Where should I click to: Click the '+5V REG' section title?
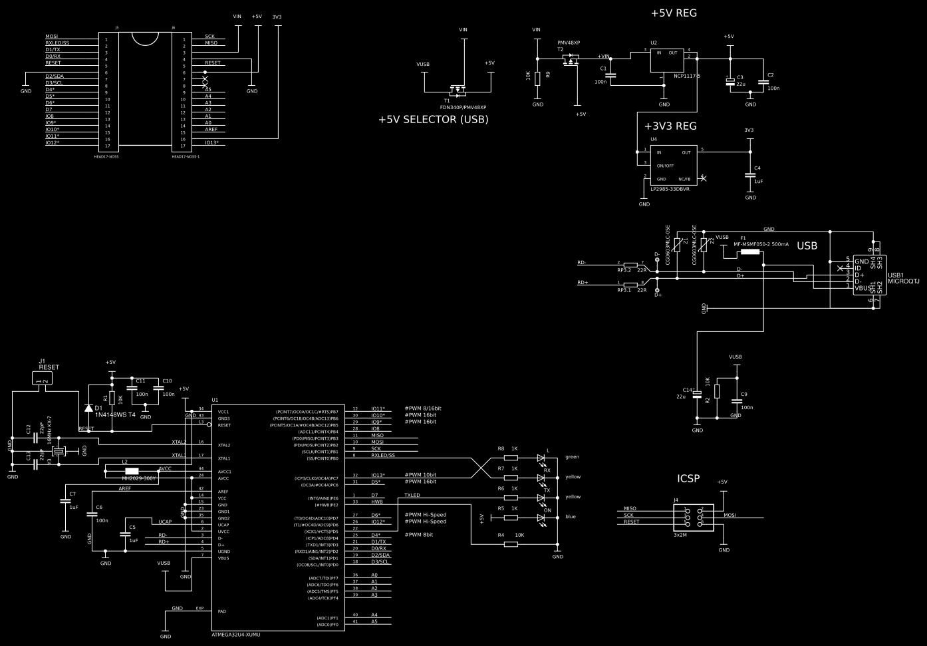coord(674,13)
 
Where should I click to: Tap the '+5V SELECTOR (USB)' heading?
coord(433,120)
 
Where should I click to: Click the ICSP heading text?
coord(688,478)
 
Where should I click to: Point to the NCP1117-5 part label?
coord(687,76)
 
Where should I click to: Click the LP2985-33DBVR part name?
coord(670,189)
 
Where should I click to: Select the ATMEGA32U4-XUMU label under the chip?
coord(235,635)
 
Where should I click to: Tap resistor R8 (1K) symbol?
coord(511,458)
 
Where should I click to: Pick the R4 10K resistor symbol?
coord(511,544)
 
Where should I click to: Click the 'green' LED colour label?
coord(572,457)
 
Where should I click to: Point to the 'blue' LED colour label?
coord(570,517)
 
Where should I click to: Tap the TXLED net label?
coord(412,495)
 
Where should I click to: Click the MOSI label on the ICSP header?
coord(729,515)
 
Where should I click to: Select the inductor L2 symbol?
coord(132,471)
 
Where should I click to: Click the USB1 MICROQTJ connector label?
coord(903,278)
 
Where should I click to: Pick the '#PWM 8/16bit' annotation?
coord(423,408)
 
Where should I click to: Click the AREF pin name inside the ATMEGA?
coord(223,492)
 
